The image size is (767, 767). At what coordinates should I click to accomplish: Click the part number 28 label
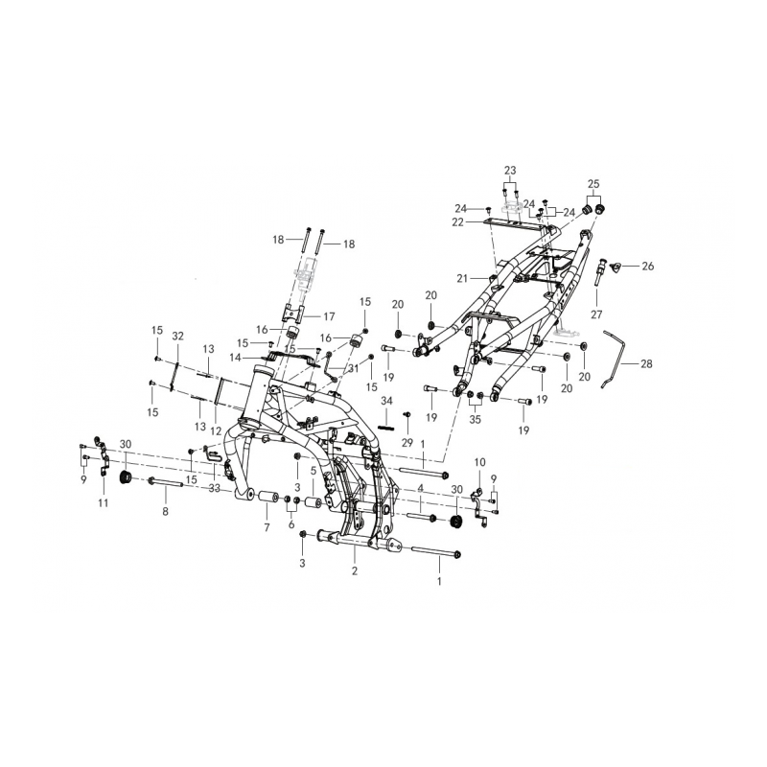(x=646, y=364)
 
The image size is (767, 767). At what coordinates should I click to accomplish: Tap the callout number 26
(x=648, y=267)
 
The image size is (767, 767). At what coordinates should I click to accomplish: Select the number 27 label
(x=596, y=314)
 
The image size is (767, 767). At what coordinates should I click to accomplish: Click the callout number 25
(x=593, y=184)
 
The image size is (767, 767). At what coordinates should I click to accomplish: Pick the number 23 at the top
(x=510, y=171)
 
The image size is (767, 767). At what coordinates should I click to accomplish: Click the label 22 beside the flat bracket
(x=458, y=222)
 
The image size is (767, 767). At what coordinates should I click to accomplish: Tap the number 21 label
(x=462, y=278)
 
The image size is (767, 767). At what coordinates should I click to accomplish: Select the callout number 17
(x=329, y=316)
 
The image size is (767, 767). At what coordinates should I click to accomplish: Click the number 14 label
(x=235, y=358)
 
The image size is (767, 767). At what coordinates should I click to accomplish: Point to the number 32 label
(x=177, y=336)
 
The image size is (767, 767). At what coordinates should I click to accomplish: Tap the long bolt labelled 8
(x=165, y=483)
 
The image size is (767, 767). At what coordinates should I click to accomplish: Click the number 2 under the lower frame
(x=355, y=570)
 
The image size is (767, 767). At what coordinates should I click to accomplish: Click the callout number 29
(x=407, y=443)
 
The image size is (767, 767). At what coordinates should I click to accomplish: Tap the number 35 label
(x=475, y=420)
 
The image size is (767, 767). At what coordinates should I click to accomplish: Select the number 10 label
(x=480, y=462)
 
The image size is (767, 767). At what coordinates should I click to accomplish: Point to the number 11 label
(x=104, y=502)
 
